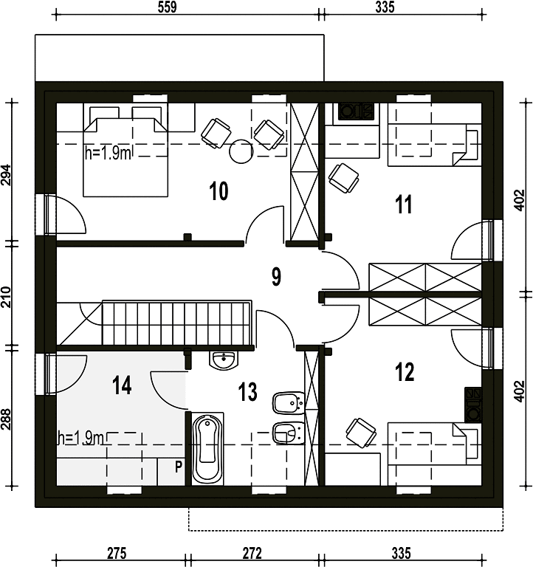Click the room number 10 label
click(219, 191)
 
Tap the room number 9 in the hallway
click(276, 277)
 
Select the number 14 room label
click(122, 385)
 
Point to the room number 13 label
click(248, 391)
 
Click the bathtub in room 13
click(207, 449)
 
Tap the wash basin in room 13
click(224, 360)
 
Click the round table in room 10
click(241, 151)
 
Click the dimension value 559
click(167, 7)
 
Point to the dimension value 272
click(252, 553)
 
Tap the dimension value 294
click(6, 176)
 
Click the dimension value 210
click(6, 297)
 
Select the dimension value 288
click(6, 419)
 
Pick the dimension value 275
click(117, 553)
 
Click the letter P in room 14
click(178, 467)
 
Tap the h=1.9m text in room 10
click(108, 154)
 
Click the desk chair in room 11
click(343, 178)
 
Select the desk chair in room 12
click(361, 433)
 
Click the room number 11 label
click(404, 205)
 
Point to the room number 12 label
click(405, 372)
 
